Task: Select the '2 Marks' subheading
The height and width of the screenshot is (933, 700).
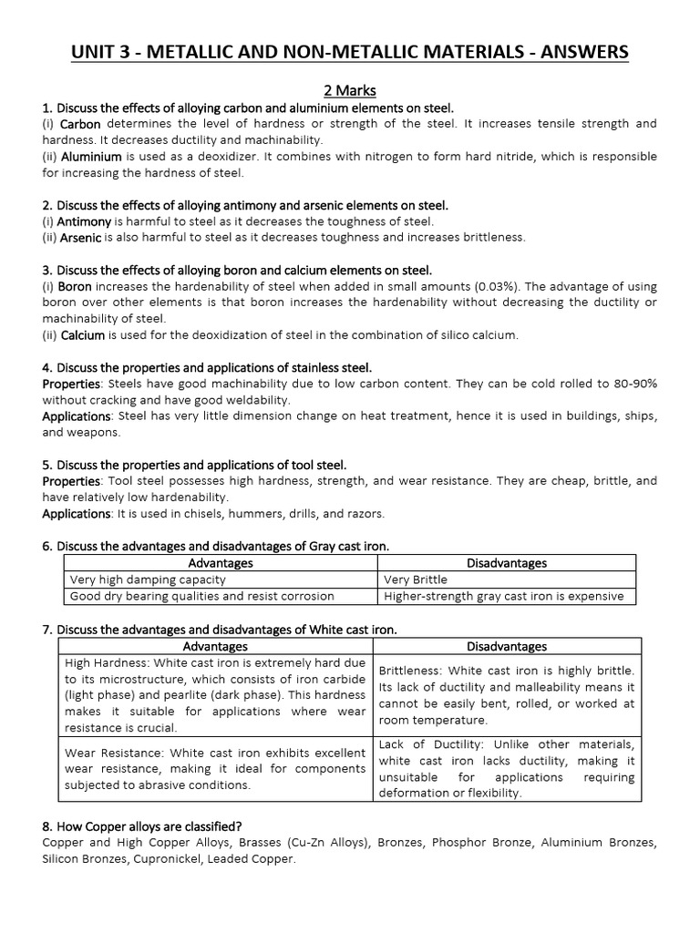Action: click(x=350, y=91)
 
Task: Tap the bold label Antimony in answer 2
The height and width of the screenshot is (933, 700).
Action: click(x=84, y=221)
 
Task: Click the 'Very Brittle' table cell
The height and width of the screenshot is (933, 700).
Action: click(x=416, y=579)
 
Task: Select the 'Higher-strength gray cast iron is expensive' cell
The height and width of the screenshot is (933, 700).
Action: click(x=504, y=596)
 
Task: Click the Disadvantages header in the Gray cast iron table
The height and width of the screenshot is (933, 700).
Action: click(x=506, y=562)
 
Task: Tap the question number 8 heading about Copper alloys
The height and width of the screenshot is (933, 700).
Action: click(x=141, y=826)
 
